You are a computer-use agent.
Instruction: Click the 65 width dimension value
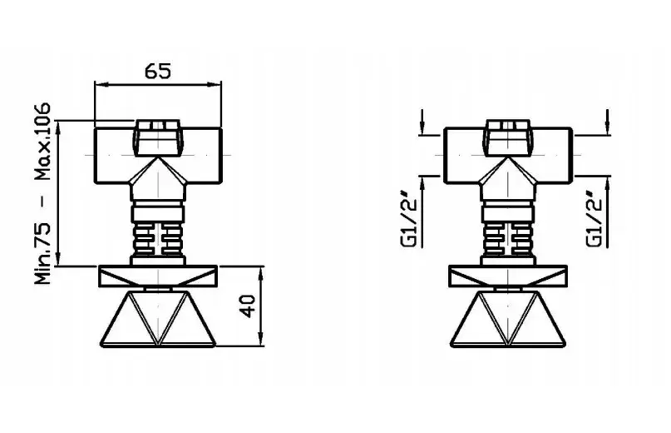(x=158, y=71)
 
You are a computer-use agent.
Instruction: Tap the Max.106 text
(x=42, y=142)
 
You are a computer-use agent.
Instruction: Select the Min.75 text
(x=42, y=253)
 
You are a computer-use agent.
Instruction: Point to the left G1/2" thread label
(x=409, y=220)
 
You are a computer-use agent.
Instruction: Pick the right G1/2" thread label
(x=595, y=220)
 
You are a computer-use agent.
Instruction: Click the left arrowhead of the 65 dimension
(x=100, y=84)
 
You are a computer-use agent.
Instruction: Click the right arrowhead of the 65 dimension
(x=216, y=84)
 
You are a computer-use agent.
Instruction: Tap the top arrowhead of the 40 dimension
(x=260, y=271)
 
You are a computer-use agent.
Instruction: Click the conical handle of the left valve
(x=158, y=319)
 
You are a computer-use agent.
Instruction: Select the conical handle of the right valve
(x=508, y=319)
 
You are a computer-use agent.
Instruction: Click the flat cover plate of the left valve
(x=158, y=276)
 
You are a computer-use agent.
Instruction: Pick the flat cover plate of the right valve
(x=508, y=276)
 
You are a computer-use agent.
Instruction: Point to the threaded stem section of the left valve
(x=158, y=239)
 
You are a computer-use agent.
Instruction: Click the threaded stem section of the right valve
(x=508, y=239)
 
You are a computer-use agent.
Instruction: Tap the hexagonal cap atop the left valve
(x=158, y=137)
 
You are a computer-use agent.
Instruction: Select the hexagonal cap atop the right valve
(x=508, y=137)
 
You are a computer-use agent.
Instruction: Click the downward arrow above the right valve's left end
(x=422, y=122)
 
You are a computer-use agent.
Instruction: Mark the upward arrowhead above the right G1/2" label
(x=607, y=184)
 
